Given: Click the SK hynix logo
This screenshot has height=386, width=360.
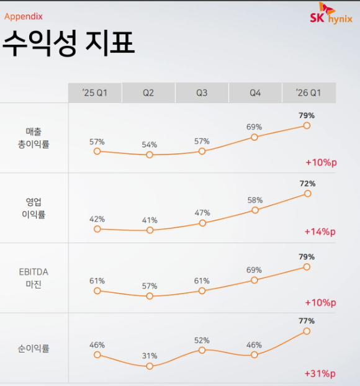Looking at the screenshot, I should coord(331,14).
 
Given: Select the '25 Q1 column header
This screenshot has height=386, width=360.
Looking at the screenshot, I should coord(95,93).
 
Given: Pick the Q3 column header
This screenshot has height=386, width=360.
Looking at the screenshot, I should coord(202,93).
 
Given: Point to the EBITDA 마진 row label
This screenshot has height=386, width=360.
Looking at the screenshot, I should coord(38,278).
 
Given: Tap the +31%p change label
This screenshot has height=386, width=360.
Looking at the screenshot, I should coord(320,374).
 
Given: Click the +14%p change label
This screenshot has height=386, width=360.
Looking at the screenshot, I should coord(320,232).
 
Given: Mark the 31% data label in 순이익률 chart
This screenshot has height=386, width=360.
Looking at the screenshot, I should coord(149,356).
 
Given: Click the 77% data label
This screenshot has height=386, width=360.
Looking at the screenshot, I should coord(307,321).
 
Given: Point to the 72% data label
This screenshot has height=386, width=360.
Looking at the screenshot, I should coord(307,184).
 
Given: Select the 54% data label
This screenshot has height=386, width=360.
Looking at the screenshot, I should coord(149,145).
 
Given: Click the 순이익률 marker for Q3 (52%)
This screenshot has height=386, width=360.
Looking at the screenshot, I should coord(202,350).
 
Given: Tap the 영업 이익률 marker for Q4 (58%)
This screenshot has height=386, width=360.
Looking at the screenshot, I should coord(254,210).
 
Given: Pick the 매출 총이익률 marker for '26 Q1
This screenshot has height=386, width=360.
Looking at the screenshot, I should coord(307,125).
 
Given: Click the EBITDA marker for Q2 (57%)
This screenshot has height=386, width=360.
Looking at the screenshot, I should coord(149,296).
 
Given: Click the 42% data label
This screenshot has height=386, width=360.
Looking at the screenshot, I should coord(97,219).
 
